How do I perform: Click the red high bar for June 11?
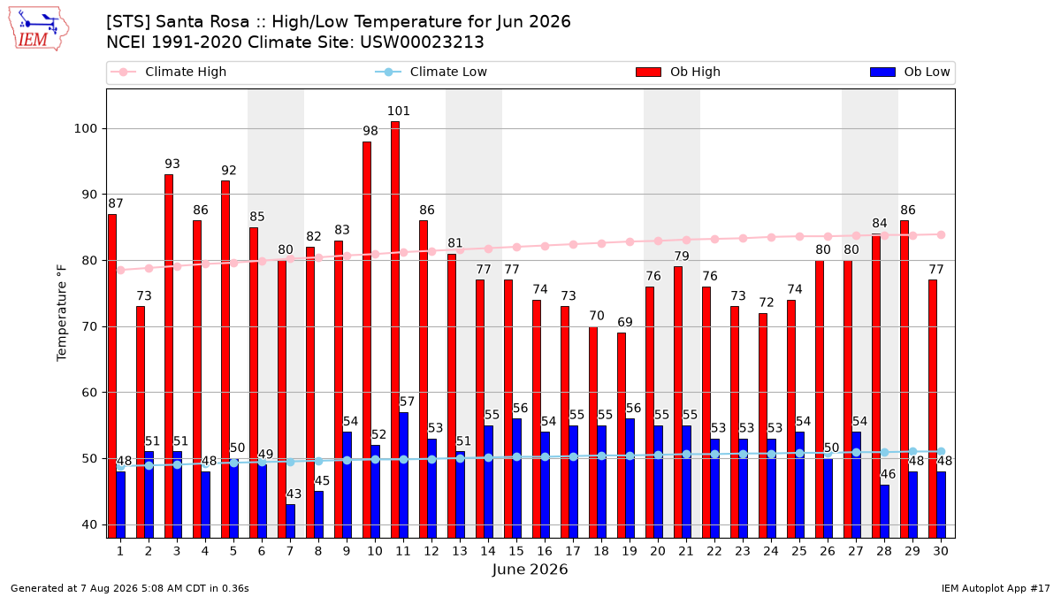point(395,330)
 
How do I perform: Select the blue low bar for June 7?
point(290,521)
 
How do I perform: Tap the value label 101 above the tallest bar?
point(399,111)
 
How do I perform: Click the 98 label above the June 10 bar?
point(370,131)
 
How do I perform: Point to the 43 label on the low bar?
point(294,494)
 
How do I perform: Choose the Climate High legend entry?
point(169,72)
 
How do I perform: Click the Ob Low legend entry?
point(910,72)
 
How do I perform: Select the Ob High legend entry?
point(678,72)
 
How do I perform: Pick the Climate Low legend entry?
point(431,72)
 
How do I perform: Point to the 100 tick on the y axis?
point(85,129)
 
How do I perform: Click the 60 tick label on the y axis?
point(89,393)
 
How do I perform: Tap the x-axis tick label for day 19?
point(630,551)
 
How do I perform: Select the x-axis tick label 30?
point(941,551)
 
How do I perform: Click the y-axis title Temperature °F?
point(62,313)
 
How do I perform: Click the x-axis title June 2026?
point(530,569)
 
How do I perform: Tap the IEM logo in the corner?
point(39,29)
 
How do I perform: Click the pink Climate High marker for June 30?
point(941,235)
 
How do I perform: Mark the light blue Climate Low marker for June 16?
point(546,456)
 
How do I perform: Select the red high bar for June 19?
point(622,435)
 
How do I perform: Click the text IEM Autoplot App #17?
point(996,588)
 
